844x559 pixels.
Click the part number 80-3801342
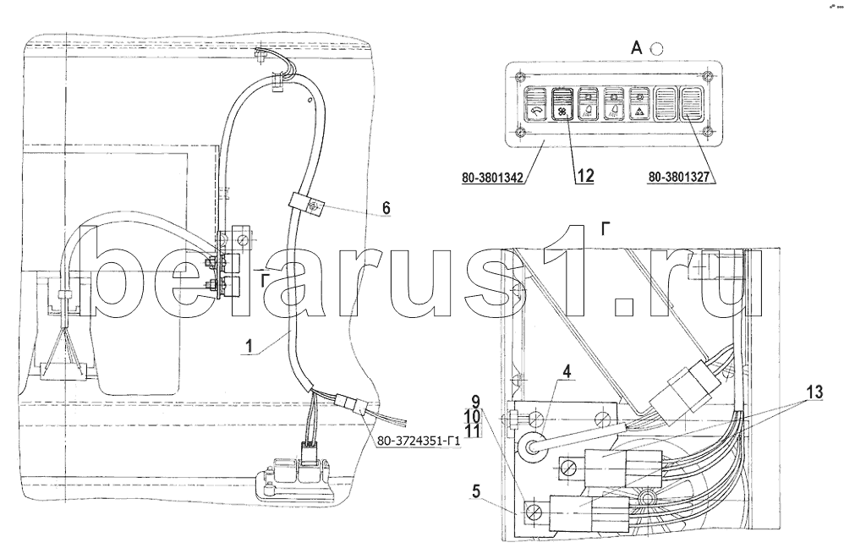492,178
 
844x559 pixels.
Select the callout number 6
386,208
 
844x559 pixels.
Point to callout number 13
814,392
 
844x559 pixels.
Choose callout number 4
567,371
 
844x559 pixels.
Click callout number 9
475,402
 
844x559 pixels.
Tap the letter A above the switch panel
636,48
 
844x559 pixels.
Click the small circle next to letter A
657,49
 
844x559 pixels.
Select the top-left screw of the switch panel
518,75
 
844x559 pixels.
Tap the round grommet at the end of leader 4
531,446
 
